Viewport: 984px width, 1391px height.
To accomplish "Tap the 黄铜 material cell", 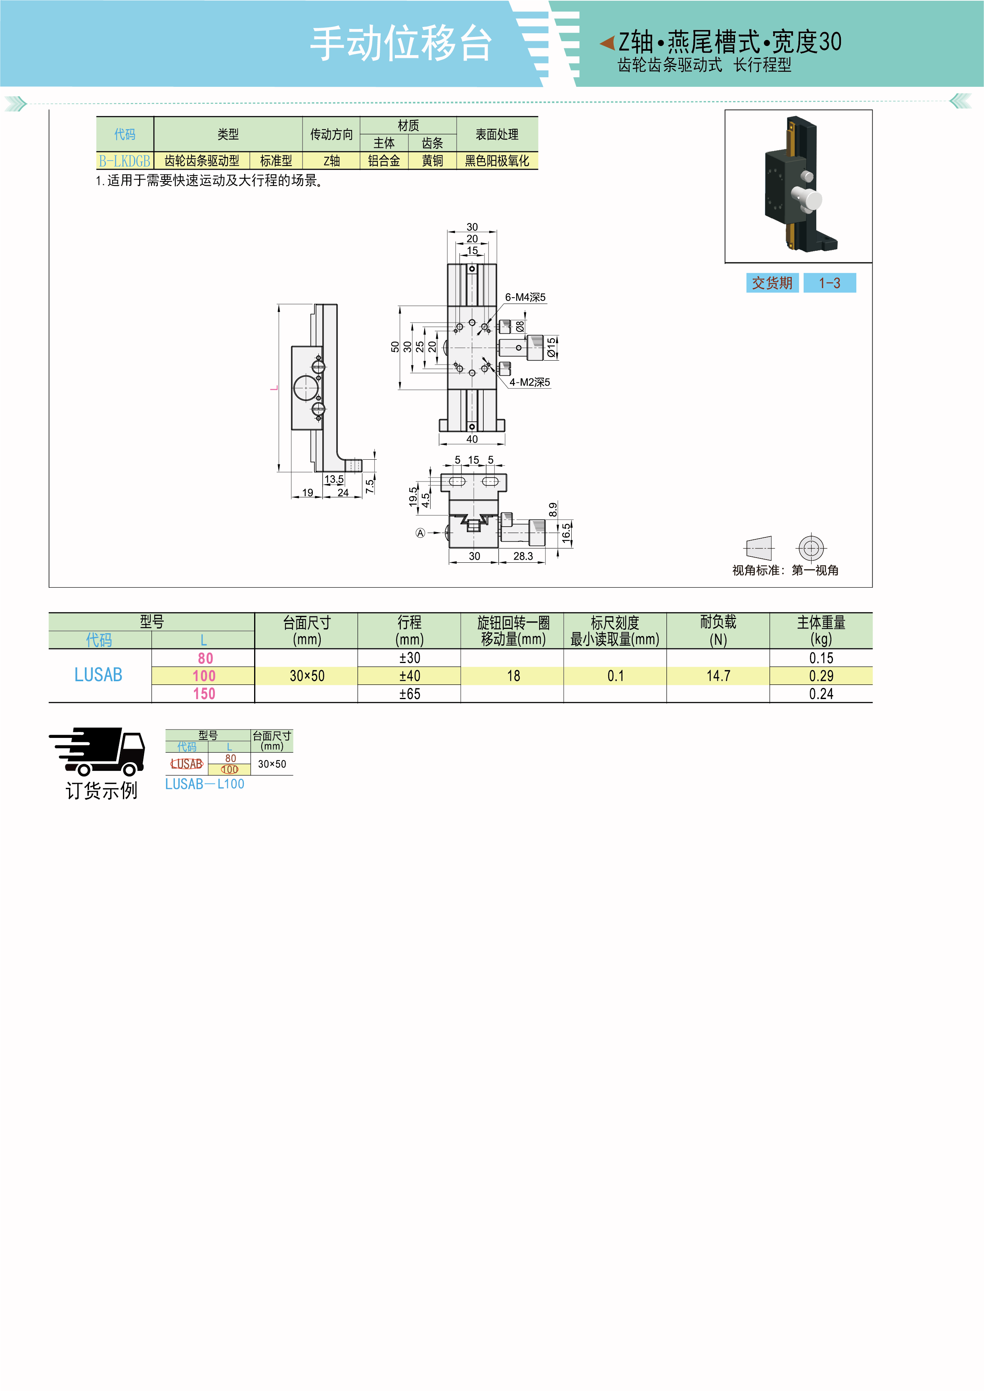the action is click(x=432, y=160).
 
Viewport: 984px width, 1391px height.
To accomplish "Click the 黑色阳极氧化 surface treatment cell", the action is click(x=497, y=160).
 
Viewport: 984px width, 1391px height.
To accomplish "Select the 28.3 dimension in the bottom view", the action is click(x=523, y=556).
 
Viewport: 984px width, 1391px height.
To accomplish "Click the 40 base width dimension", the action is click(x=472, y=439).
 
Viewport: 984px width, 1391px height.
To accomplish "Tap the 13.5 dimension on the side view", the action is click(x=334, y=479).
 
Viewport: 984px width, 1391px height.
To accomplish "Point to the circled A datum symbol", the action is click(x=420, y=533).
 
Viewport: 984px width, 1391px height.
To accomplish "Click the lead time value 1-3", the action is click(x=829, y=283).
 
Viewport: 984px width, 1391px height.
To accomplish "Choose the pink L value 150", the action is click(x=204, y=694).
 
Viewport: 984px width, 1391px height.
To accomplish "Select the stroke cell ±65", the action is click(x=410, y=694).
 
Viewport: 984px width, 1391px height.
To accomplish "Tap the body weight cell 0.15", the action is click(x=821, y=658).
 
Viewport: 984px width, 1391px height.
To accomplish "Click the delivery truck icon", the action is click(x=97, y=752).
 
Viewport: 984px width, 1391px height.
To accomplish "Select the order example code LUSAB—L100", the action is click(x=205, y=784).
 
